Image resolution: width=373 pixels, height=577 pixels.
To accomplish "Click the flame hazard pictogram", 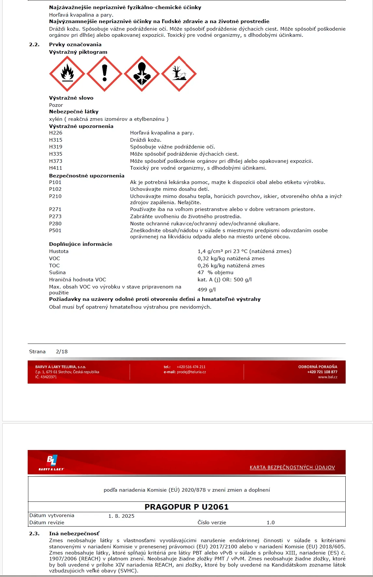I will coord(67,74).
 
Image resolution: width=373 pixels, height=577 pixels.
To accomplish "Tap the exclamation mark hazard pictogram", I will coord(105,74).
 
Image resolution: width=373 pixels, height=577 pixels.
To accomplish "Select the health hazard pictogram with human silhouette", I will coord(142,74).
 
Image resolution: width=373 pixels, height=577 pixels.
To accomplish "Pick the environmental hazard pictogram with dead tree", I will coord(179,74).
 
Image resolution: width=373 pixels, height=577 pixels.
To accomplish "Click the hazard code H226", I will coord(56,133).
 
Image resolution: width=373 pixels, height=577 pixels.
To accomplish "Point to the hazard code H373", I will coord(56,161).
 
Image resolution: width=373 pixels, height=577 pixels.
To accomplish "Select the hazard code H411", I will coord(56,168).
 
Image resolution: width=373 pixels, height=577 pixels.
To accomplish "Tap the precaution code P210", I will coord(55,196).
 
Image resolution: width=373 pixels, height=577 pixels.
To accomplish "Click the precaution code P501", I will coord(55,231).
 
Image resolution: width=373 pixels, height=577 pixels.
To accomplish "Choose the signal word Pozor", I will coord(56,105).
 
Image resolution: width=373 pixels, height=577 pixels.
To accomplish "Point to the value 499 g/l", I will coord(207,290).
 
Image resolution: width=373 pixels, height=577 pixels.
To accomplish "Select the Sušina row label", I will coord(57,273).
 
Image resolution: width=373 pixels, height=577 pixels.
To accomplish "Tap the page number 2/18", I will coord(62,352).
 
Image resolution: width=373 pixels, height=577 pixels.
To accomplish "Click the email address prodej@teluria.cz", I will coord(191,372).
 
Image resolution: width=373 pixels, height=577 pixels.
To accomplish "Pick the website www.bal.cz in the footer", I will coord(328,377).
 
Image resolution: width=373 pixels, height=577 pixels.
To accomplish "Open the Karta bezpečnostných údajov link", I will coord(292,468).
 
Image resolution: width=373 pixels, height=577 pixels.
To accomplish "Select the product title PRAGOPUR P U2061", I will coord(187,507).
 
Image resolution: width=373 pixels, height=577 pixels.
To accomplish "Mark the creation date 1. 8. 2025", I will coord(122,516).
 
